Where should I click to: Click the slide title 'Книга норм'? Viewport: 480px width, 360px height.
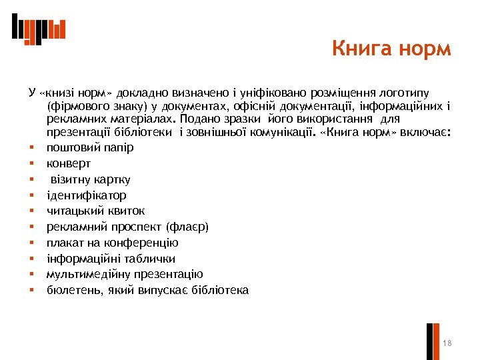391,49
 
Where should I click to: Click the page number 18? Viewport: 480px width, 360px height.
447,343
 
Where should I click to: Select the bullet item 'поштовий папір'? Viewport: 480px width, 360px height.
90,147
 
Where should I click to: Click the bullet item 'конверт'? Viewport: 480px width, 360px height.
69,163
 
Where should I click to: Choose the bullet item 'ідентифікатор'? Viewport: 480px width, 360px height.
86,195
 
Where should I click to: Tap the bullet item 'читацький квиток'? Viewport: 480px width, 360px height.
95,211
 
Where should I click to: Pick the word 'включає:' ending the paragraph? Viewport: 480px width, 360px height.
429,132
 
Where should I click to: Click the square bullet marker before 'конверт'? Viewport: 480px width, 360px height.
31,163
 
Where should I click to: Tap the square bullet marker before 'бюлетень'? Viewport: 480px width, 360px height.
31,290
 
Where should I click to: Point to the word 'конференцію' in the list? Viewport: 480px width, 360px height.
148,243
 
